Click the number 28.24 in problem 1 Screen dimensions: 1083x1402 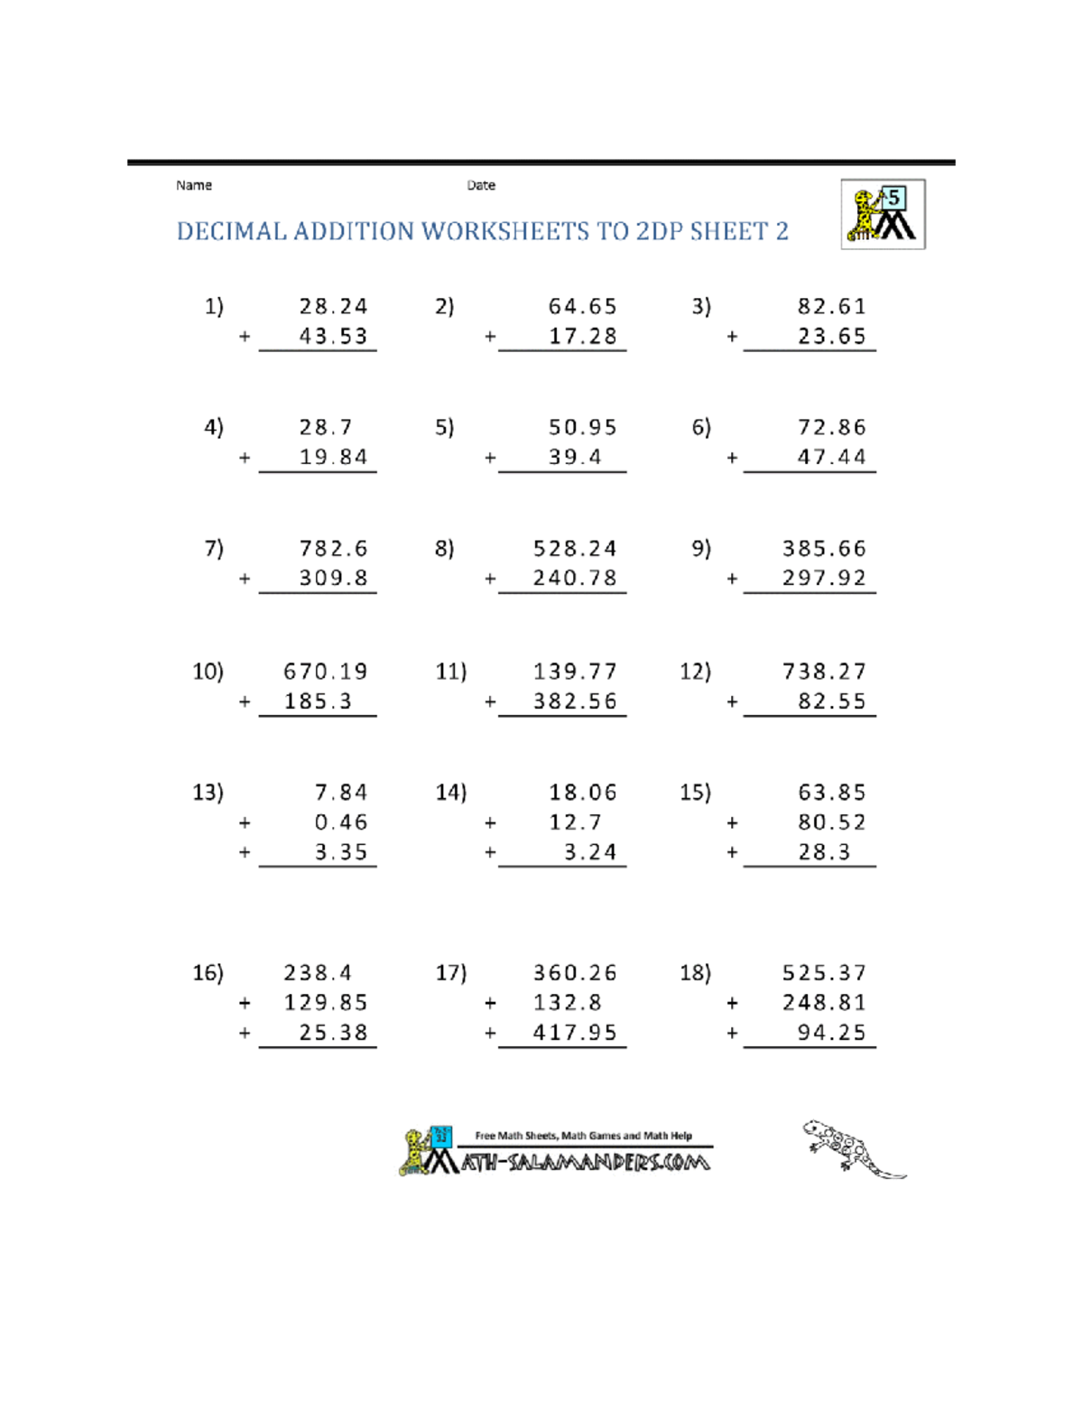tap(333, 307)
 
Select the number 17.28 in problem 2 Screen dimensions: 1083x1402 tap(583, 337)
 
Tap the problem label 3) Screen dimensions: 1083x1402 tap(701, 307)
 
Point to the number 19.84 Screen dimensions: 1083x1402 tap(333, 458)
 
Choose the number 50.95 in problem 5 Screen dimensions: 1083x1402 tap(583, 428)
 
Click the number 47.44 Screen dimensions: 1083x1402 tap(831, 458)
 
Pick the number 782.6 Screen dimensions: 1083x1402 tap(333, 549)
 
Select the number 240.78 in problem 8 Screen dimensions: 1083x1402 tap(575, 579)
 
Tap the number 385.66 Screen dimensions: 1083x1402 tap(824, 549)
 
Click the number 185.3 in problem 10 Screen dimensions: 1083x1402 tap(318, 701)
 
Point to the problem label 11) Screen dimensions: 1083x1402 tap(450, 672)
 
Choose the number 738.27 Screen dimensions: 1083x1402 tap(824, 672)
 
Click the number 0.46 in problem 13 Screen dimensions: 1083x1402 tap(341, 822)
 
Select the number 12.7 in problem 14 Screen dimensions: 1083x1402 tap(575, 822)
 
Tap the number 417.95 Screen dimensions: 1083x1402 tap(575, 1033)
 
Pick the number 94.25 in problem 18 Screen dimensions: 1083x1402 tap(831, 1033)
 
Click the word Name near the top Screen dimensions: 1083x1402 tap(194, 185)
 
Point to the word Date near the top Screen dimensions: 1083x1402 tap(481, 185)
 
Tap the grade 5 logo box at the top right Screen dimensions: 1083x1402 tap(883, 214)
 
